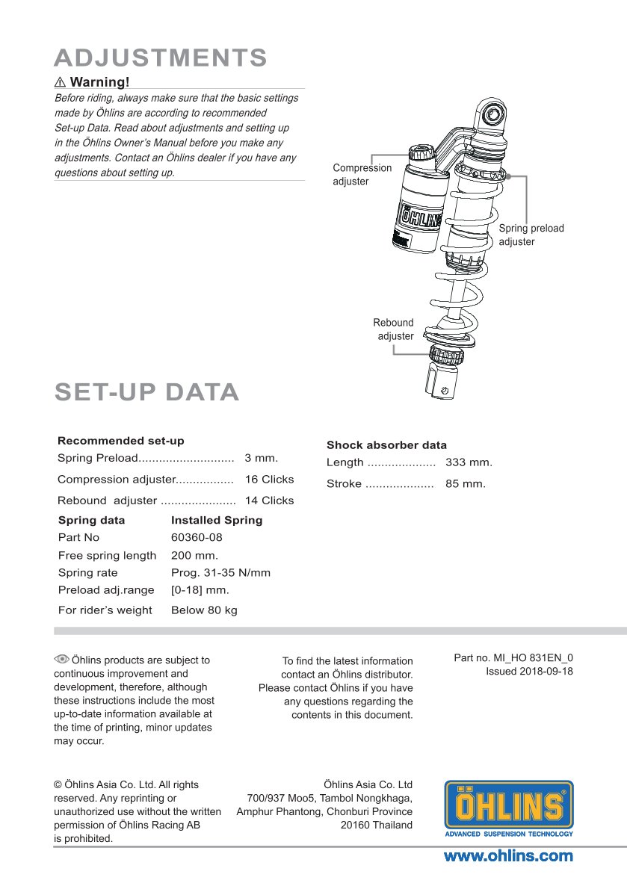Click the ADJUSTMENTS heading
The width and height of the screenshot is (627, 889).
click(161, 58)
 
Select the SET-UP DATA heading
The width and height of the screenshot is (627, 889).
click(146, 392)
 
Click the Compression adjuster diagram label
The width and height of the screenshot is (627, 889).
click(362, 175)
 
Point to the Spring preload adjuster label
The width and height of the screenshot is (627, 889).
click(531, 235)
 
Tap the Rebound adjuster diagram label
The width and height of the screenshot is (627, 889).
click(394, 329)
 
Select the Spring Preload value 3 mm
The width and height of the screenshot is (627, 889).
click(261, 458)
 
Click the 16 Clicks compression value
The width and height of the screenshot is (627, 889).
click(269, 480)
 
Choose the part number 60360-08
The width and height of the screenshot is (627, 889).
click(197, 537)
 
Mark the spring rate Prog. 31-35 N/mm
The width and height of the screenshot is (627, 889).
click(220, 573)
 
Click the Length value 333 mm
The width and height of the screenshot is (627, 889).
click(469, 462)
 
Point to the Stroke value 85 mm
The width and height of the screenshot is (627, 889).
click(465, 484)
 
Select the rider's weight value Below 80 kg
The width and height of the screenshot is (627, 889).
click(204, 610)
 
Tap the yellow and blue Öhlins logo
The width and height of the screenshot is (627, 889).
click(509, 808)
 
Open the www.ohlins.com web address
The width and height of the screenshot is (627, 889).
click(508, 856)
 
